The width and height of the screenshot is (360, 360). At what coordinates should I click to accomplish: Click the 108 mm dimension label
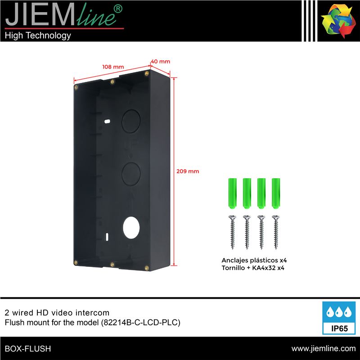coord(113,67)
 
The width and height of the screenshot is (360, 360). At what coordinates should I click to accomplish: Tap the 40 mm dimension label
coord(161,62)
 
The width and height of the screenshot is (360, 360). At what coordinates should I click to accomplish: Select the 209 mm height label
coord(188,171)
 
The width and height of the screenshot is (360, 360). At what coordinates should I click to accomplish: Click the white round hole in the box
coord(131,227)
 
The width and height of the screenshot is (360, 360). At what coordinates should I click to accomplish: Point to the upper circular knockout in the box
coord(131,121)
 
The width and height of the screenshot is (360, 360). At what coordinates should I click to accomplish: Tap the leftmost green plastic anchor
coord(232,193)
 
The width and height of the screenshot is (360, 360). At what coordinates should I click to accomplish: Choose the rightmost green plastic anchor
coord(276,193)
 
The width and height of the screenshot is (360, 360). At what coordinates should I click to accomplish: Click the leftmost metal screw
coord(232,232)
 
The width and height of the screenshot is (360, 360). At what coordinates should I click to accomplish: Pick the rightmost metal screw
coord(276,232)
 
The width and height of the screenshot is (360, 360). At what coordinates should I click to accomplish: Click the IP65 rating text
coord(339,328)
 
